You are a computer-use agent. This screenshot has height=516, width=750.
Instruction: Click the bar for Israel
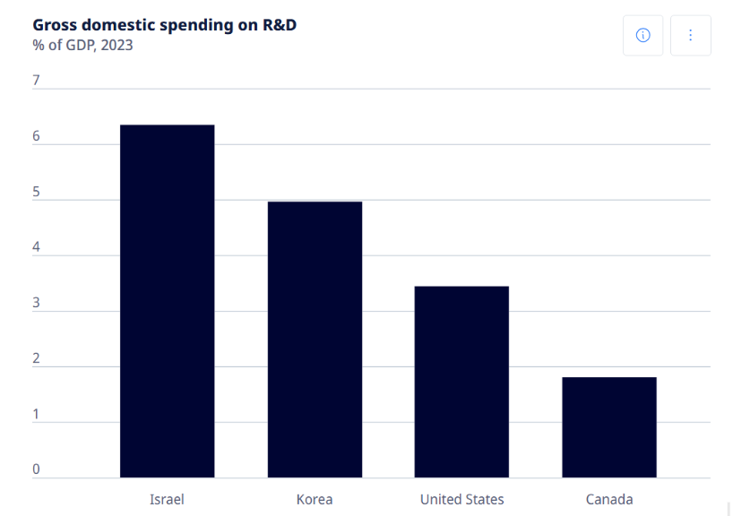(x=167, y=301)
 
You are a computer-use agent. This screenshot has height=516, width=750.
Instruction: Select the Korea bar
(x=315, y=340)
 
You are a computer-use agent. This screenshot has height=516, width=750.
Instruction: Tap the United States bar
(x=461, y=382)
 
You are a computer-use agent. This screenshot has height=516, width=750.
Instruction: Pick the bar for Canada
(x=609, y=427)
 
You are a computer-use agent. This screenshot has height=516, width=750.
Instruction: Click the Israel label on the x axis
(x=167, y=499)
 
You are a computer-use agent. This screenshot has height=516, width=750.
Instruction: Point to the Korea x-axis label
(x=315, y=499)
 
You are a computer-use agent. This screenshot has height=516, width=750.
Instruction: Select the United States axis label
(x=461, y=499)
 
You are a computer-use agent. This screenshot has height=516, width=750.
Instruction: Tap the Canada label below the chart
(x=609, y=499)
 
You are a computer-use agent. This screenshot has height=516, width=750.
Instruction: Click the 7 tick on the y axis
(x=36, y=81)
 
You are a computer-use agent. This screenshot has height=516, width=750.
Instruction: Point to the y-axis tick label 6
(x=36, y=136)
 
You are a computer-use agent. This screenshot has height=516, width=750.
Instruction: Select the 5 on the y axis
(x=36, y=192)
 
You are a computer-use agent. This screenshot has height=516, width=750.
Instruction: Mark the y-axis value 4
(x=36, y=247)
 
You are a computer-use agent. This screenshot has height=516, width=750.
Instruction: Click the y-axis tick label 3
(x=36, y=303)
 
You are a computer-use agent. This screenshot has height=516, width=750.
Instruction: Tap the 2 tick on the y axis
(x=36, y=358)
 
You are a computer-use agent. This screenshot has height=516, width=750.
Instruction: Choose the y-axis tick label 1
(x=36, y=414)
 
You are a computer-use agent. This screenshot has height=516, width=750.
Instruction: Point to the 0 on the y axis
(x=36, y=469)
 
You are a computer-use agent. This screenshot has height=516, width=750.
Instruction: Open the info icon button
(x=642, y=35)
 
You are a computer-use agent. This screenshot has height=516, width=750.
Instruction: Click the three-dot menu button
(x=690, y=35)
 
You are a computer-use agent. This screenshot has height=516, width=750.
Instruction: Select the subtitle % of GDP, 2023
(x=82, y=45)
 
